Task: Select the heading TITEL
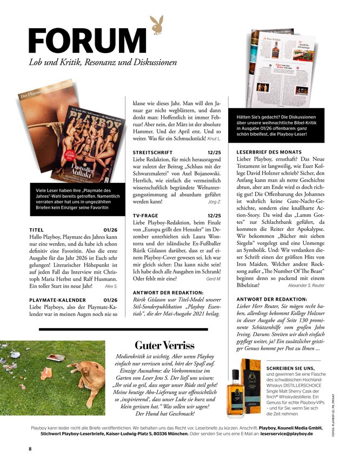(37, 230)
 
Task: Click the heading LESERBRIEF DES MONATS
(271, 152)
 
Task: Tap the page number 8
(31, 449)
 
